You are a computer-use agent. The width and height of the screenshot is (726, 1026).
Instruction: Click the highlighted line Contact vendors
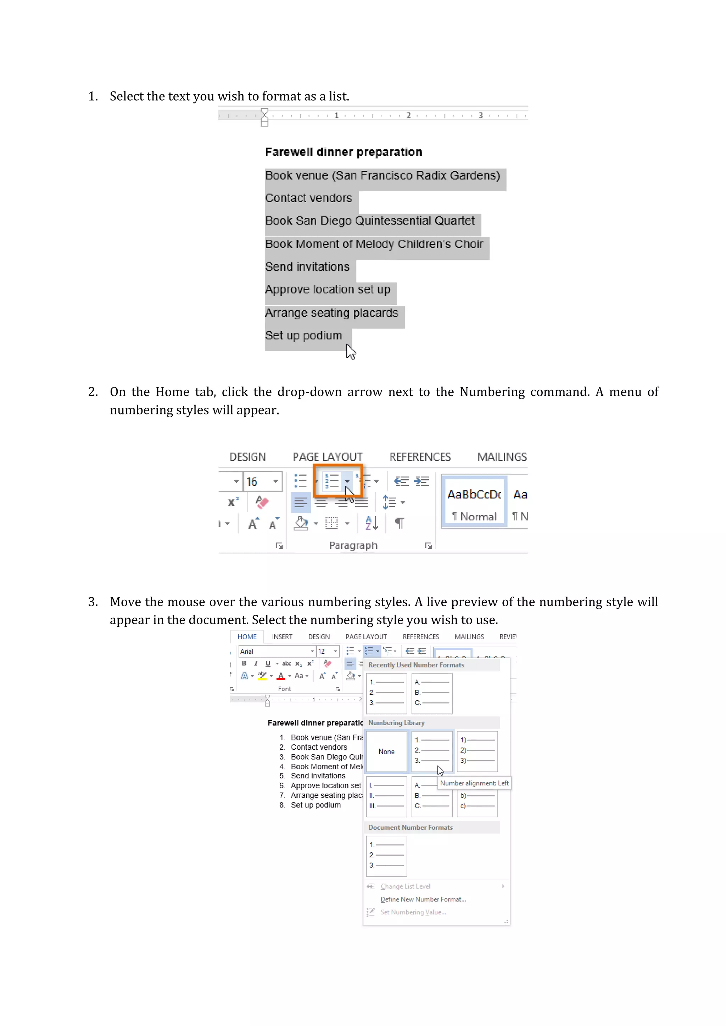coord(308,198)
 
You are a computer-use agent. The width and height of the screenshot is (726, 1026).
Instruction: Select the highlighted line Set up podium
coord(303,336)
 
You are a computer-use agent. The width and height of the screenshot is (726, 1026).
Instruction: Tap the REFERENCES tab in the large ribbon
coord(420,457)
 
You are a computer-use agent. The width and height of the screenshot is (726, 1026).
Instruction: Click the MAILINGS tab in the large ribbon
coord(502,457)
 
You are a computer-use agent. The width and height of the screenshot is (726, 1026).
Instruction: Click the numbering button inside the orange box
coord(332,481)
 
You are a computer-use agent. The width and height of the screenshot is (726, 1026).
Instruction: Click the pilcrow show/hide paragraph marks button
coord(399,523)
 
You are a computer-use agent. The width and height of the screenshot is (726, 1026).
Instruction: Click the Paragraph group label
coord(353,545)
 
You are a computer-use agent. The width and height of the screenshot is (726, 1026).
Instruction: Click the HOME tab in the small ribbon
coord(247,636)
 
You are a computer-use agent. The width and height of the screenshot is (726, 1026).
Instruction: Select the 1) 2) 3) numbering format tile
coord(477,751)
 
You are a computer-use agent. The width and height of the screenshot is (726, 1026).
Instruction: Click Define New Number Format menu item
coord(423,899)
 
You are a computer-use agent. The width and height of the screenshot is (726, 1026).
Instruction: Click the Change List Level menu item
coord(406,886)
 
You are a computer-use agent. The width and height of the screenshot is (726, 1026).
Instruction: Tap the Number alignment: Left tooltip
coord(474,783)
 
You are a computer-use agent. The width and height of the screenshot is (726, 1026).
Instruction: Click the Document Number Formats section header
coord(411,827)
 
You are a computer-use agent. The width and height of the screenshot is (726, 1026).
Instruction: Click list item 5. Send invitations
coord(317,776)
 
